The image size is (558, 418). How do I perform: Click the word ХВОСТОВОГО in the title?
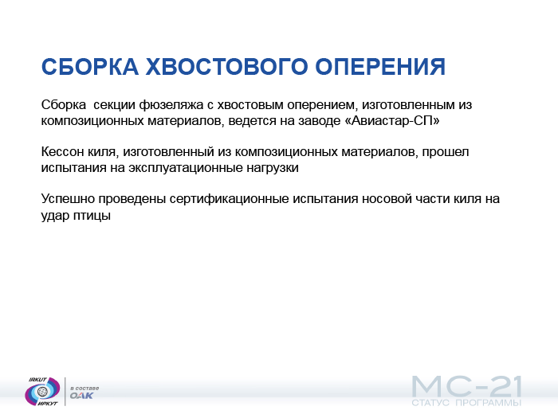click(x=226, y=66)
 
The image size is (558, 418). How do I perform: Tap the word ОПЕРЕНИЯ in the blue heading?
click(x=380, y=66)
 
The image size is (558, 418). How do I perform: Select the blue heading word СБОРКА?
click(x=89, y=66)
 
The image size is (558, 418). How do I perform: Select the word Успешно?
click(x=68, y=199)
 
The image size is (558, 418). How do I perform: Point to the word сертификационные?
click(x=229, y=199)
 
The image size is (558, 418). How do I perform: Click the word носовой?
click(x=386, y=199)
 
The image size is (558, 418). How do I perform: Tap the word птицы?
click(x=92, y=216)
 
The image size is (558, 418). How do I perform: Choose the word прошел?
click(x=446, y=152)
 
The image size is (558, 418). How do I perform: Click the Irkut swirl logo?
click(x=43, y=391)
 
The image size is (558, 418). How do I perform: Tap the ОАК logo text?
click(x=81, y=395)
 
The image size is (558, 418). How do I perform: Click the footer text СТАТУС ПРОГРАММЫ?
click(x=466, y=403)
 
